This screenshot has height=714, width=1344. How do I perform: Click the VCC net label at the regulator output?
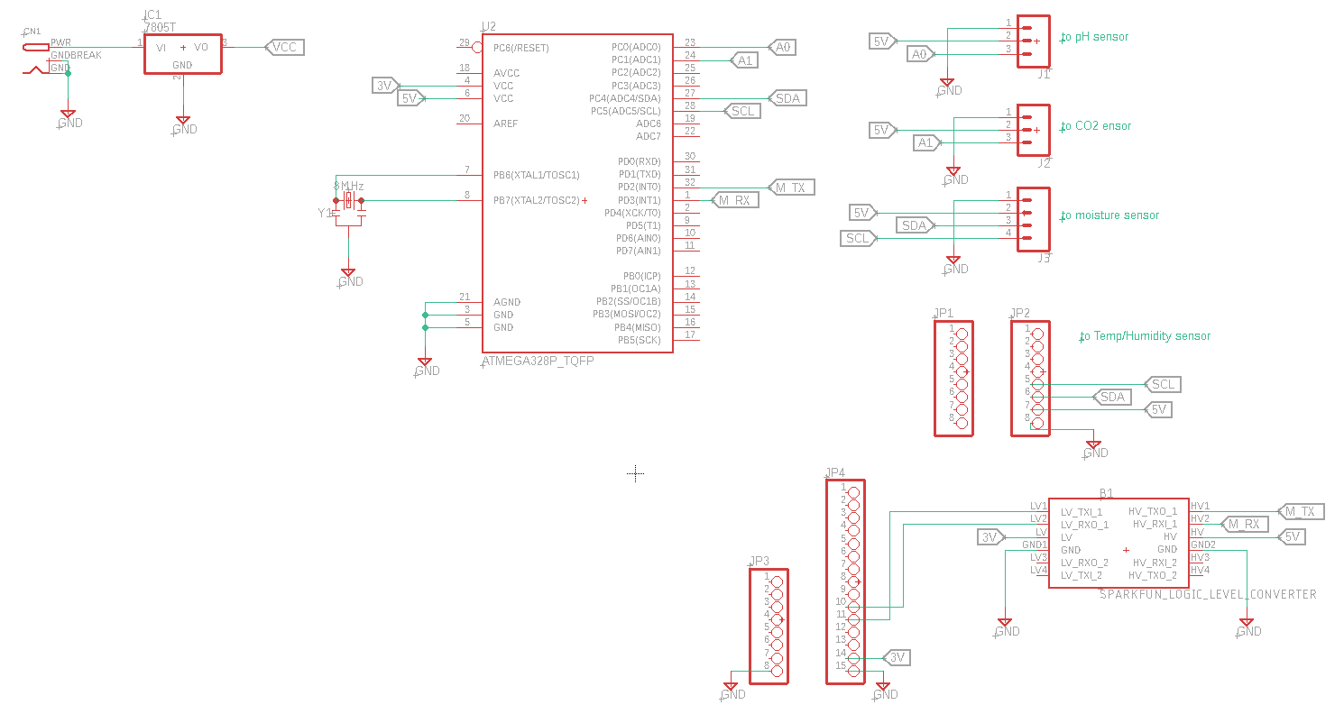click(284, 47)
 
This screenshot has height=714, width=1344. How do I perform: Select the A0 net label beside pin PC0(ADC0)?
click(782, 47)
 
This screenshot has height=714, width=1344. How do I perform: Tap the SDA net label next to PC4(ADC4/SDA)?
click(787, 98)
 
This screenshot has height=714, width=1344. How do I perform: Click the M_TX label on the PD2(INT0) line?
click(790, 188)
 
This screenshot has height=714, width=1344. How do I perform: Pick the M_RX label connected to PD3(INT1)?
click(734, 200)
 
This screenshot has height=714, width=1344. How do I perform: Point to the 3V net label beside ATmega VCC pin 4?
click(385, 86)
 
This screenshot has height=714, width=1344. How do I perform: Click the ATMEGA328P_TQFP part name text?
click(538, 361)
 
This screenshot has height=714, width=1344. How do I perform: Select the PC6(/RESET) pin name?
click(521, 48)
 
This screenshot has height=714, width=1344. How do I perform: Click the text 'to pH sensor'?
click(1095, 37)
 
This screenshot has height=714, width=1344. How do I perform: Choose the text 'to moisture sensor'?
click(1109, 215)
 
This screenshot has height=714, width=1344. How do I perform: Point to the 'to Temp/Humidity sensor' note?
click(1146, 336)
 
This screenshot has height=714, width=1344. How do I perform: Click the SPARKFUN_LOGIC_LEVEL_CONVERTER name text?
click(1208, 594)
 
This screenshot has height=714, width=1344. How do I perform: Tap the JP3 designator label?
click(759, 561)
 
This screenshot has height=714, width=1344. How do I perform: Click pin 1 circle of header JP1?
click(962, 334)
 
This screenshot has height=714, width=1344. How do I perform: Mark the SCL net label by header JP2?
click(1163, 384)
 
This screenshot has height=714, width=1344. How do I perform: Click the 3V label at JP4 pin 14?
click(897, 657)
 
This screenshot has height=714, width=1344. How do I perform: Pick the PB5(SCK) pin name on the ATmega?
click(639, 340)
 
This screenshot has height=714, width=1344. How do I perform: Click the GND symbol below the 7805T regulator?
click(183, 122)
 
